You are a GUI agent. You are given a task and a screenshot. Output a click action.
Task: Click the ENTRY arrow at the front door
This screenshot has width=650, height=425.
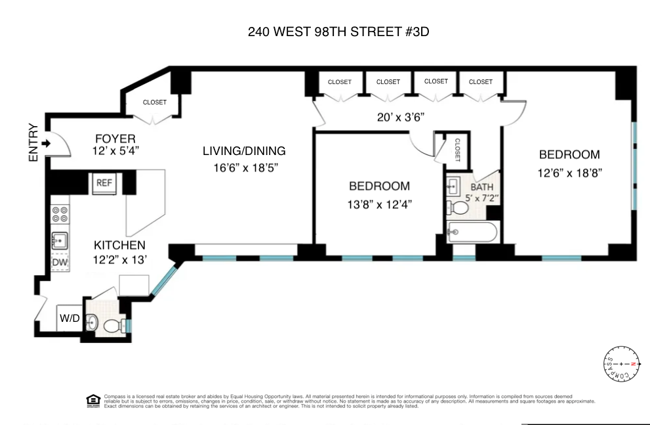point(47,143)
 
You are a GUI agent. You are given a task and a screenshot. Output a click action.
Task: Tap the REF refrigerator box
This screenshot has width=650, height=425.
point(104,183)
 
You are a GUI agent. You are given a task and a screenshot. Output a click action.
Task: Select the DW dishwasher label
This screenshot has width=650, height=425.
point(60,263)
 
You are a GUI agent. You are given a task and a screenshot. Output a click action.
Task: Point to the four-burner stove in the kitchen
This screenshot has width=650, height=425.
point(60,214)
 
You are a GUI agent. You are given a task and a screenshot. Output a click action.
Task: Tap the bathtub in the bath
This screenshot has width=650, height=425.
point(472,233)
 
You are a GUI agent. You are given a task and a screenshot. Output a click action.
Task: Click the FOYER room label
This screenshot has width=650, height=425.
point(115,139)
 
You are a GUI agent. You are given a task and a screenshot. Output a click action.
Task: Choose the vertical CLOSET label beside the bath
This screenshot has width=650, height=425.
point(457,150)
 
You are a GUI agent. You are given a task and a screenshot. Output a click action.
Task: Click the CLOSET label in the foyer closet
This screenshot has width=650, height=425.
point(155,102)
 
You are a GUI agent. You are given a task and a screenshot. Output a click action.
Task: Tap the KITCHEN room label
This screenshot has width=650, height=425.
point(119,245)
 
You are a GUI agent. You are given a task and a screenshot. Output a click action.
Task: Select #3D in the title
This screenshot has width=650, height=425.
point(415,31)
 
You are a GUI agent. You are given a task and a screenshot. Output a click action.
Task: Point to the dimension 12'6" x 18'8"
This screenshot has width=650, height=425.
point(569,172)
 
